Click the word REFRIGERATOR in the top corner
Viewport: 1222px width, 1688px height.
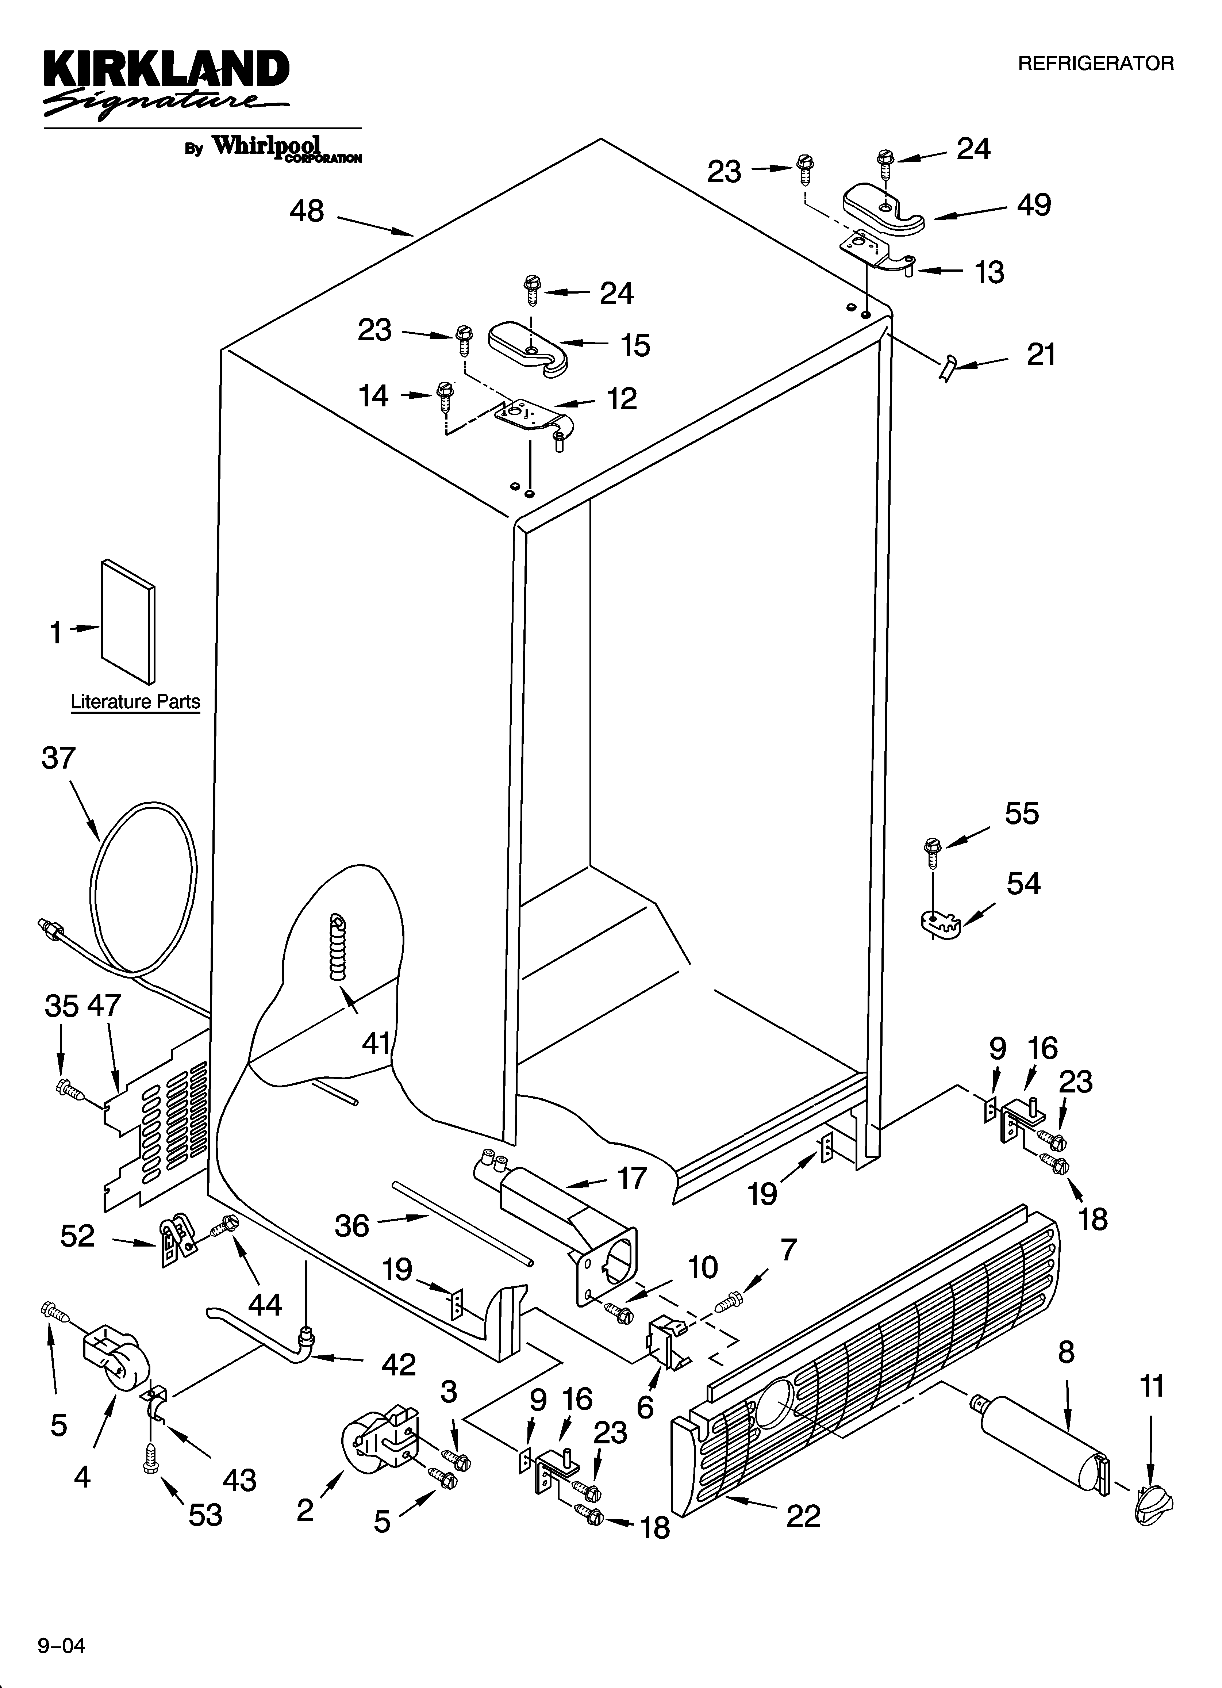point(1095,64)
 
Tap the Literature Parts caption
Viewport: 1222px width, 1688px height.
point(135,702)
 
